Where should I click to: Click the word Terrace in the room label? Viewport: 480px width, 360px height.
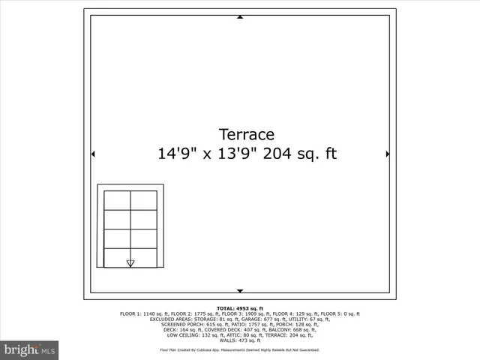click(246, 134)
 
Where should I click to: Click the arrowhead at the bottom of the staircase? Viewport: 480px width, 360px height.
click(130, 263)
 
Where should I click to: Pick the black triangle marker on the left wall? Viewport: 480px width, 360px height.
click(93, 154)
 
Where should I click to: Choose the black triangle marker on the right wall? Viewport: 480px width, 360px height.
click(387, 154)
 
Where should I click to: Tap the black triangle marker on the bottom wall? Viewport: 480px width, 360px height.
click(240, 290)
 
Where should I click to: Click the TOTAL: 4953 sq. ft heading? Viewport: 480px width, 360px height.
click(240, 308)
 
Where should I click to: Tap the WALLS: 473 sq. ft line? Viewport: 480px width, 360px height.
click(240, 340)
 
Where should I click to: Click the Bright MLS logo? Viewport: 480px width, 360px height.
click(29, 350)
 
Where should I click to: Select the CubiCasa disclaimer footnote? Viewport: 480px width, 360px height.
click(240, 349)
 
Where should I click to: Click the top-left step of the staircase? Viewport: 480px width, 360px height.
click(117, 200)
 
